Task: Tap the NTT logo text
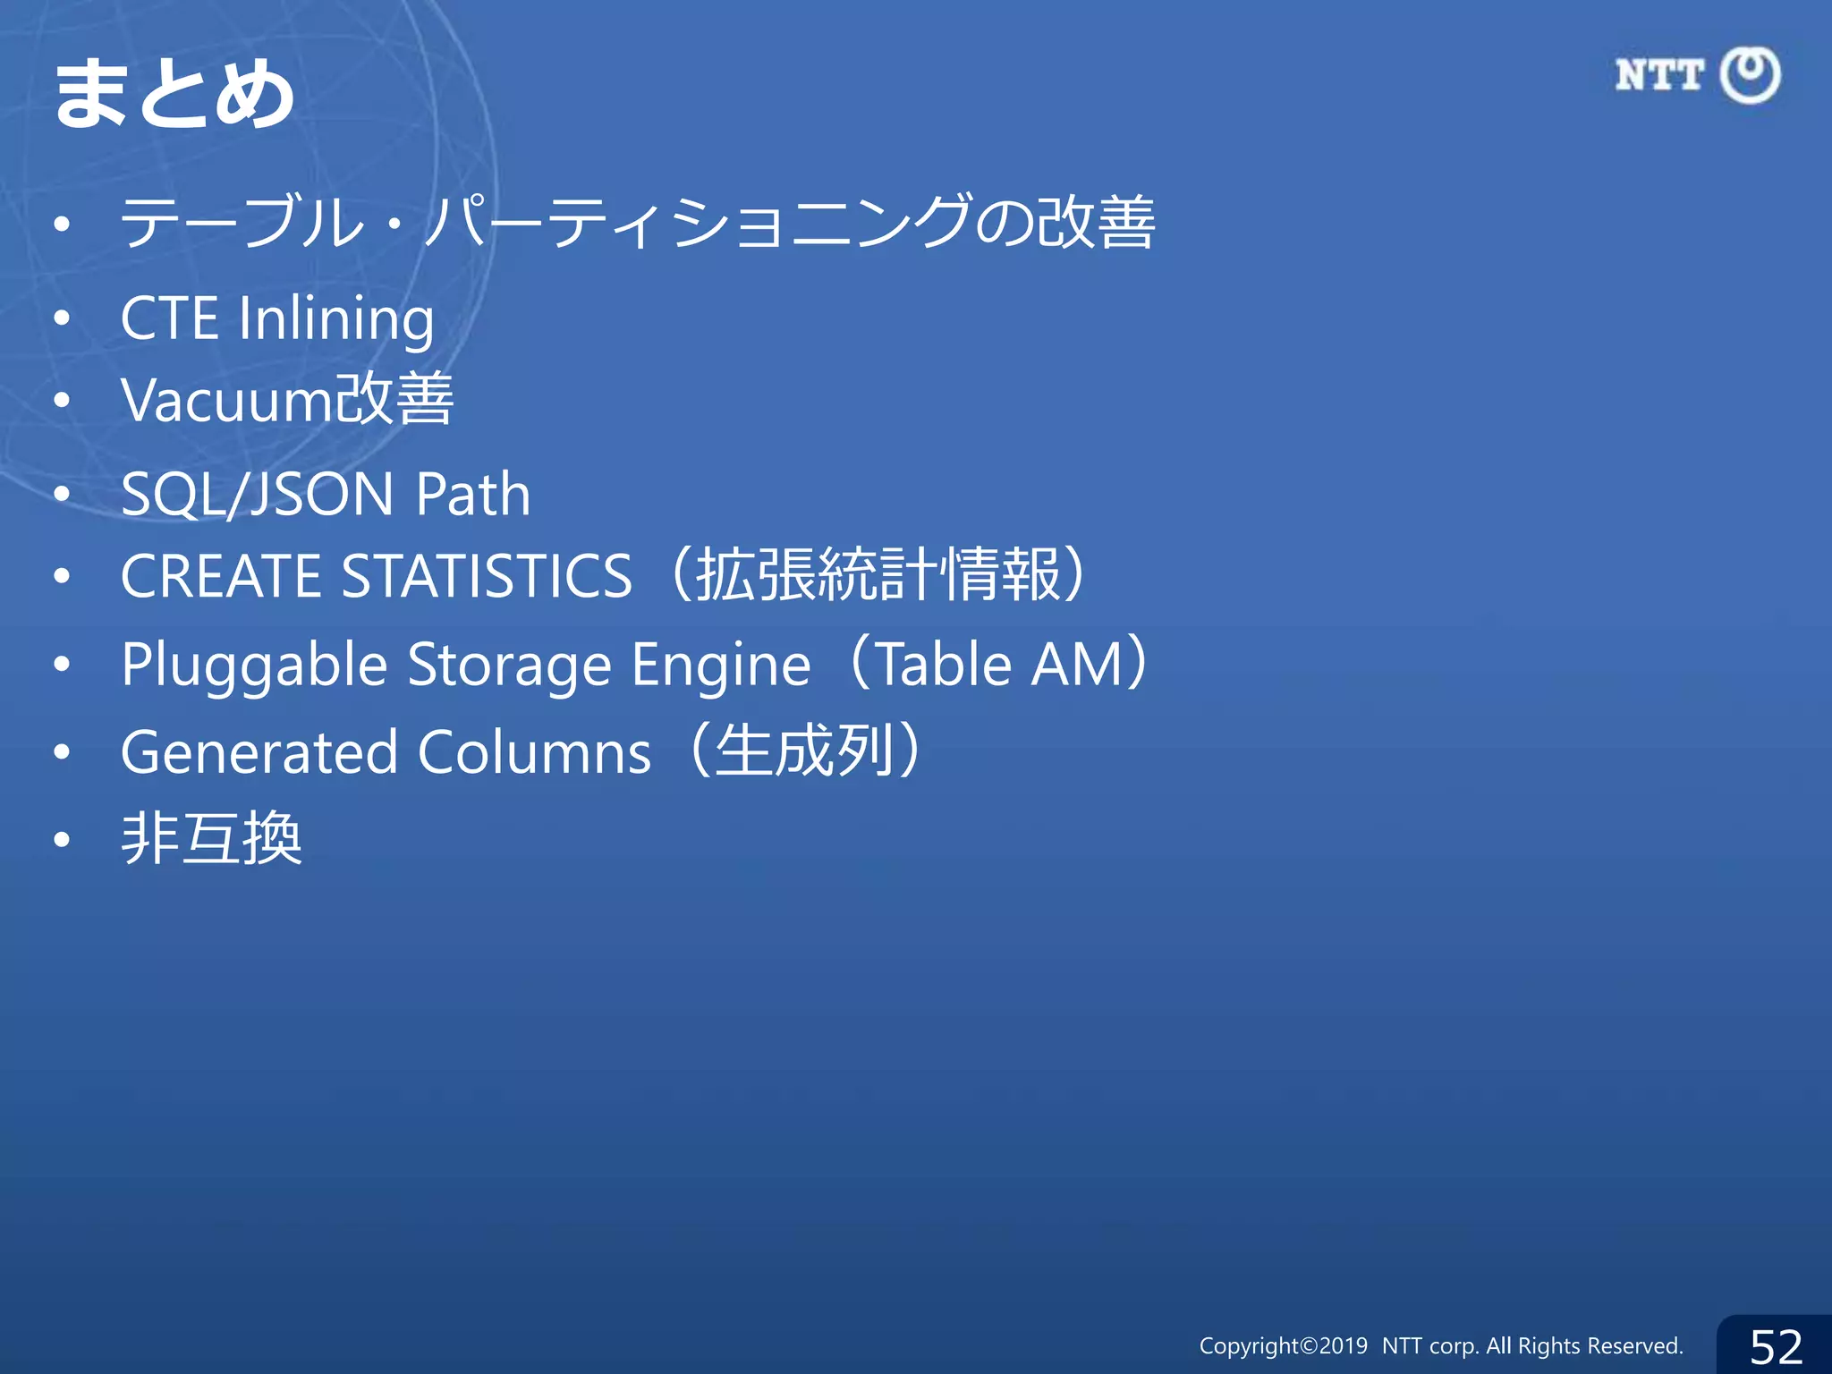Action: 1659,75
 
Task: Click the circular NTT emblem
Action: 1751,75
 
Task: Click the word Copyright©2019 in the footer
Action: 1283,1346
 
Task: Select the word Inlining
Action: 336,318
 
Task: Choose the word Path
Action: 473,494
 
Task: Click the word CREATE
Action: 220,575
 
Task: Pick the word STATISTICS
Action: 488,575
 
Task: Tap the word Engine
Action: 721,666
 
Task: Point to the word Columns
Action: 534,751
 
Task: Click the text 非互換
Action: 212,839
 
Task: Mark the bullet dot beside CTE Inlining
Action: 61,318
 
